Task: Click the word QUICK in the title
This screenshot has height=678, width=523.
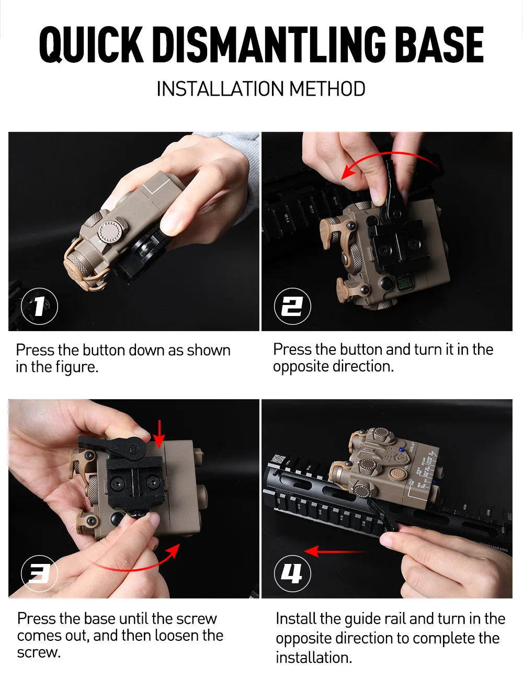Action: (92, 45)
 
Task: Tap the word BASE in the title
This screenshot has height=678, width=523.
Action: (441, 45)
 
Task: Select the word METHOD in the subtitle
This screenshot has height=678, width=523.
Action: (327, 89)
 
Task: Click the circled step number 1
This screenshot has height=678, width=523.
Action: (39, 306)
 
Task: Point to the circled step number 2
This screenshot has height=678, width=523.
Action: (292, 306)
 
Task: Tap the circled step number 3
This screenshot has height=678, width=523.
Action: (39, 573)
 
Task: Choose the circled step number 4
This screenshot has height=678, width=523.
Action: (292, 573)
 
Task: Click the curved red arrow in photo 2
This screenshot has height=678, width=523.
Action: (390, 153)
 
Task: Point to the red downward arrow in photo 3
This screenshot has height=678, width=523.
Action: (160, 434)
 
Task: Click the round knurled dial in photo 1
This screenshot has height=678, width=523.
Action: (111, 232)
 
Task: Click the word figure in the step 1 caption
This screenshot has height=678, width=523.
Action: (77, 367)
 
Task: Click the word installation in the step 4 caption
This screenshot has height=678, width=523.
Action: (314, 658)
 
